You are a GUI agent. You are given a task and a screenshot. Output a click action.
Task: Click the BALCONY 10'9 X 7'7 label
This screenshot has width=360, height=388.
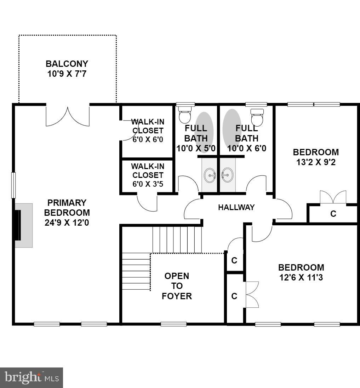tap(67, 69)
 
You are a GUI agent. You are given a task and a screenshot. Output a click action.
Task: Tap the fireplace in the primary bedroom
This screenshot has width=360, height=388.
tap(23, 225)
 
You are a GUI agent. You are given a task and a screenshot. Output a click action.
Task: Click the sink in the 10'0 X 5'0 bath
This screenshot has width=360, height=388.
tap(210, 175)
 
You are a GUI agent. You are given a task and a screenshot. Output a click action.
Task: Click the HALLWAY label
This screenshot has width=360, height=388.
tap(236, 208)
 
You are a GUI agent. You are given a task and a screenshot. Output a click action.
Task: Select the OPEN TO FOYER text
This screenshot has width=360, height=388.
tap(177, 286)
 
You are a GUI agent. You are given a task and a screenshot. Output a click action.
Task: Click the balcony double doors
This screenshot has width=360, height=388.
tap(68, 115)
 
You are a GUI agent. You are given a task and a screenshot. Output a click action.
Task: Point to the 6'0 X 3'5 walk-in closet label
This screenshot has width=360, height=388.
tap(147, 175)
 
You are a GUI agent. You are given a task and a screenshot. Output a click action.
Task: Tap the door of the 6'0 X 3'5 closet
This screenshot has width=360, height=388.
tap(147, 203)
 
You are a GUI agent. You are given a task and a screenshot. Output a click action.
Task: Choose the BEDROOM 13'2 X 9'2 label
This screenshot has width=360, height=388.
tap(316, 157)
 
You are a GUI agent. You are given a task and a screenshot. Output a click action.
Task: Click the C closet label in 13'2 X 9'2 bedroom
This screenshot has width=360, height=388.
tap(333, 214)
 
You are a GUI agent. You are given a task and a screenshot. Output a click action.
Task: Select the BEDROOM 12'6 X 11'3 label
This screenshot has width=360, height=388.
tap(301, 272)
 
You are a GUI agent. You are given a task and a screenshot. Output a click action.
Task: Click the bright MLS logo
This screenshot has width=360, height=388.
tap(32, 377)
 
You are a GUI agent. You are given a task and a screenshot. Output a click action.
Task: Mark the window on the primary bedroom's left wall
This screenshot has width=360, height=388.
tap(13, 185)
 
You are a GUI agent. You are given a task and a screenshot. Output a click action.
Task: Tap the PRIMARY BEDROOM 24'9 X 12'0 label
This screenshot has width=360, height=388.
tap(67, 213)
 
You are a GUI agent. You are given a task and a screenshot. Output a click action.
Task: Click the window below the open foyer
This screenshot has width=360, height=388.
tap(173, 324)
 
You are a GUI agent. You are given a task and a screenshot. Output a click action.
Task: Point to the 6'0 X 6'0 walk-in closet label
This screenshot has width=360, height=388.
tap(148, 131)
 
